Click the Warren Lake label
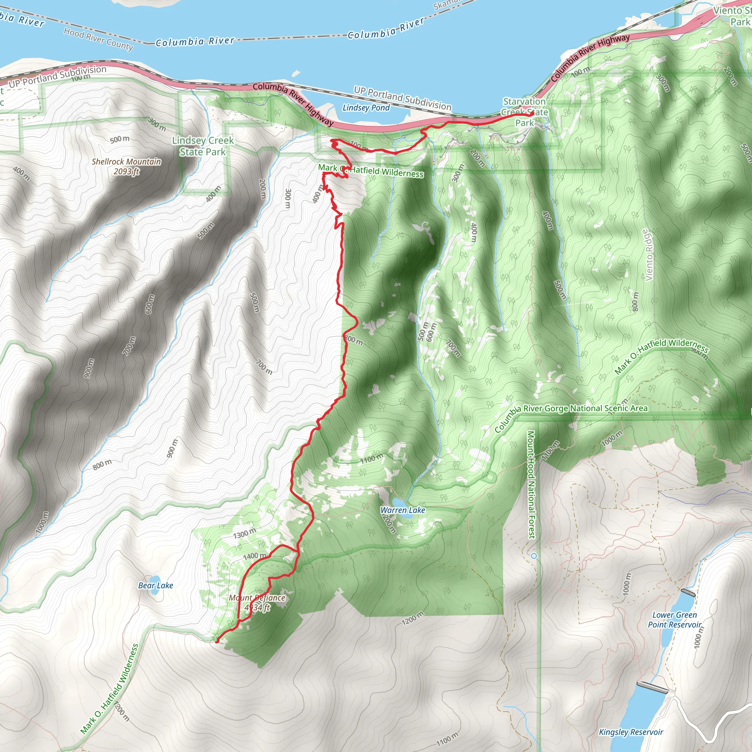pyautogui.click(x=402, y=510)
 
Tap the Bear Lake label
pyautogui.click(x=156, y=585)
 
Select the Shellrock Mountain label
pyautogui.click(x=126, y=166)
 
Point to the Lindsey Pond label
pyautogui.click(x=366, y=108)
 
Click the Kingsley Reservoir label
pyautogui.click(x=631, y=732)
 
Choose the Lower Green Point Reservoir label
pyautogui.click(x=675, y=620)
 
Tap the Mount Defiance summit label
pyautogui.click(x=257, y=603)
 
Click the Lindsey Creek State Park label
pyautogui.click(x=203, y=146)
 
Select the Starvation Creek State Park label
pyautogui.click(x=525, y=112)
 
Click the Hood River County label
pyautogui.click(x=98, y=39)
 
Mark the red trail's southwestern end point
pyautogui.click(x=217, y=641)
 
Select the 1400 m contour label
pyautogui.click(x=254, y=556)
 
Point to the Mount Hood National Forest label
pyautogui.click(x=531, y=484)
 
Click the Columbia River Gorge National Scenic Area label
pyautogui.click(x=571, y=414)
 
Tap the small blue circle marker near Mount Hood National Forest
pyautogui.click(x=534, y=556)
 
